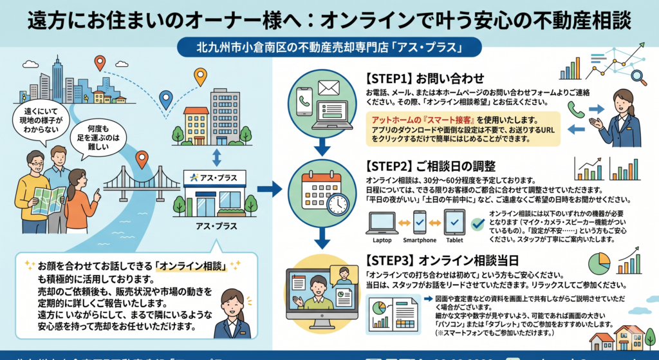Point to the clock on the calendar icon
coord(337,204)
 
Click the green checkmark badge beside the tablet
coord(477,223)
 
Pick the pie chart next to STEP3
coord(599,264)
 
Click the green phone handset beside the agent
coord(575,110)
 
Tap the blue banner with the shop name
coord(329,48)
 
